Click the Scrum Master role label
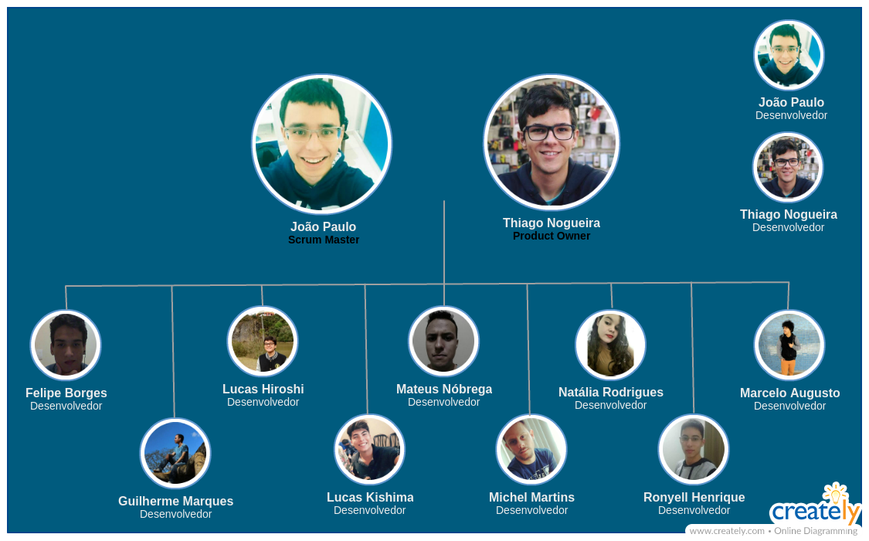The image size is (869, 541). pyautogui.click(x=324, y=240)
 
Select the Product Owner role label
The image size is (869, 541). pyautogui.click(x=552, y=236)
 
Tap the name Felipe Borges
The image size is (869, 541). pyautogui.click(x=66, y=393)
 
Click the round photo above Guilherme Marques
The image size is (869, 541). pyautogui.click(x=175, y=453)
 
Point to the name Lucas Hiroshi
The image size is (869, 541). pyautogui.click(x=263, y=389)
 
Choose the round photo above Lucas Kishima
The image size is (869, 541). pyautogui.click(x=369, y=449)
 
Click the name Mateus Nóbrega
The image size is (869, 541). pyautogui.click(x=444, y=389)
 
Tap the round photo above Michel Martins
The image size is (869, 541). pyautogui.click(x=531, y=449)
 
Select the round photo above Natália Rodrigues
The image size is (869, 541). pyautogui.click(x=610, y=345)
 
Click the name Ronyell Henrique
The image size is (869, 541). pyautogui.click(x=694, y=497)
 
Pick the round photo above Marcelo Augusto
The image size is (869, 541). pyautogui.click(x=789, y=345)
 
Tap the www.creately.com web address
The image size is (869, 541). pyautogui.click(x=727, y=531)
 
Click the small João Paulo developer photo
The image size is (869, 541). pyautogui.click(x=789, y=55)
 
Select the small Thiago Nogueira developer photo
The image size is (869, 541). pyautogui.click(x=788, y=167)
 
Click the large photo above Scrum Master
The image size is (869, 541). pyautogui.click(x=322, y=144)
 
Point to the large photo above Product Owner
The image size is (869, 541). pyautogui.click(x=552, y=142)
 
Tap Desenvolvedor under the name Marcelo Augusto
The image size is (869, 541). pyautogui.click(x=789, y=406)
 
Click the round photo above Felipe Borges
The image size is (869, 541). pyautogui.click(x=66, y=345)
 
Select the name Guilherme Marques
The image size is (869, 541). pyautogui.click(x=175, y=501)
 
